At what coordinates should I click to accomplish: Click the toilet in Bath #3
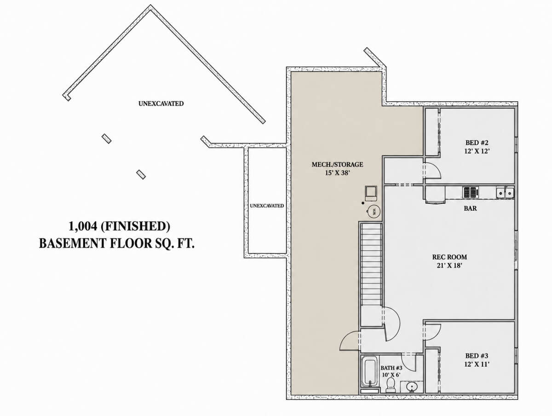pos(391,385)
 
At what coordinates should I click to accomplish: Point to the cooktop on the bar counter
pos(470,192)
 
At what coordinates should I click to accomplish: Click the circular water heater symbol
pos(374,211)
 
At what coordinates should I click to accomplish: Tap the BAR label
pos(470,208)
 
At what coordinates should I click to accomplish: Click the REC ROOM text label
pos(449,257)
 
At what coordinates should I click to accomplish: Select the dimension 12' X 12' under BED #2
pos(477,151)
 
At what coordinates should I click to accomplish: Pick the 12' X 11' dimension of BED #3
pos(477,364)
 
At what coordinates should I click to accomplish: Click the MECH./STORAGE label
pos(337,164)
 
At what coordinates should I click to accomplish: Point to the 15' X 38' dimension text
pos(337,173)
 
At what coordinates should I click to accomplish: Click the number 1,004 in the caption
pos(83,226)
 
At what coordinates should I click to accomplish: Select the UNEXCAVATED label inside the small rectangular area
pos(267,206)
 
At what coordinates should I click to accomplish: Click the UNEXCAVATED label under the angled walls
pos(161,104)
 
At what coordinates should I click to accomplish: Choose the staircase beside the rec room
pos(371,264)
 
